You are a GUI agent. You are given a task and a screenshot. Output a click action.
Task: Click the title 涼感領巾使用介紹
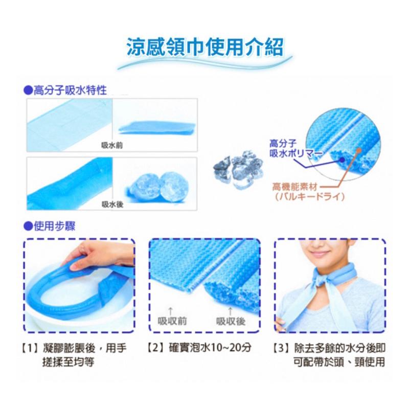click(204, 49)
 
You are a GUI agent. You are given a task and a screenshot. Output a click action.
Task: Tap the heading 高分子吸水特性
click(65, 90)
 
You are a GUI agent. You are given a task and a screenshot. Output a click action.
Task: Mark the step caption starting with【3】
click(329, 355)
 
